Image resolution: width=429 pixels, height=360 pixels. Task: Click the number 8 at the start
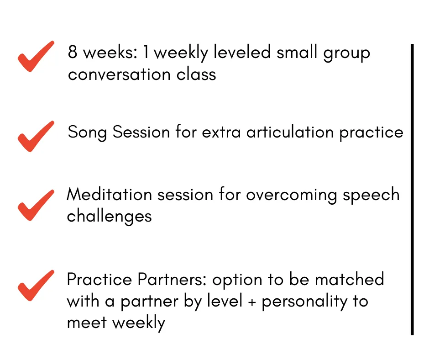click(72, 52)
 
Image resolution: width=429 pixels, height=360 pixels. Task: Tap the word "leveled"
click(242, 52)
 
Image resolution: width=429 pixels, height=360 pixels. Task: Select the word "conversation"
click(119, 74)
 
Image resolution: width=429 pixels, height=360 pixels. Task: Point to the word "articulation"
click(290, 132)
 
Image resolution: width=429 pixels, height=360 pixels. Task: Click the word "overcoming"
click(291, 196)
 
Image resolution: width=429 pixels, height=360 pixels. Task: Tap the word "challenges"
click(109, 217)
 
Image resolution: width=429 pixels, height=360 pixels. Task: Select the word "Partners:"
click(172, 279)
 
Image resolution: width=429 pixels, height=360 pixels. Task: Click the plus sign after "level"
click(252, 302)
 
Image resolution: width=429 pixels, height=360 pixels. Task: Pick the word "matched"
click(350, 279)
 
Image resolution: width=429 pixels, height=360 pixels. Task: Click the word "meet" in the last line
click(87, 323)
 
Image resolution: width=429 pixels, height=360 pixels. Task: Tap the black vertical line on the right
click(412, 189)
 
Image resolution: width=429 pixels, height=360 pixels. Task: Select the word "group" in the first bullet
click(347, 53)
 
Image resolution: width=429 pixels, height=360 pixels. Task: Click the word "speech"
click(371, 196)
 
